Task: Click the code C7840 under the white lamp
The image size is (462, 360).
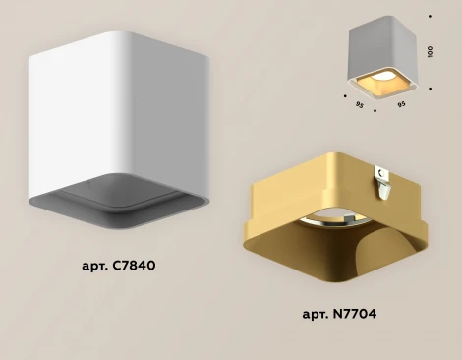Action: point(134,266)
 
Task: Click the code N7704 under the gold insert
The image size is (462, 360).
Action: point(355,314)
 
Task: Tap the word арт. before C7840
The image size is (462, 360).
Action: point(95,267)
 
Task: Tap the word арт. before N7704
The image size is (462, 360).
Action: point(316,315)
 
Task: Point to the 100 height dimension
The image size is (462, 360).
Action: point(431,52)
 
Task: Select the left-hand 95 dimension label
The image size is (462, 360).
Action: point(360,105)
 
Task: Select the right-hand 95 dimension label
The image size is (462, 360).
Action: point(401,104)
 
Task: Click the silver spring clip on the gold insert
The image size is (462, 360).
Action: point(382,182)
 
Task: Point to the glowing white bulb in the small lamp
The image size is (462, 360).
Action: point(383,77)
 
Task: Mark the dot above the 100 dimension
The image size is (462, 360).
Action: point(430,16)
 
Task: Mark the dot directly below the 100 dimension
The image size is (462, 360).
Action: point(430,89)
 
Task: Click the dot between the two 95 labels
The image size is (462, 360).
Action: point(375,111)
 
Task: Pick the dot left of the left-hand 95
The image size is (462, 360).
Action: point(345,96)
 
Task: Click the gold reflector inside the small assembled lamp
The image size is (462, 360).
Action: point(380,84)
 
